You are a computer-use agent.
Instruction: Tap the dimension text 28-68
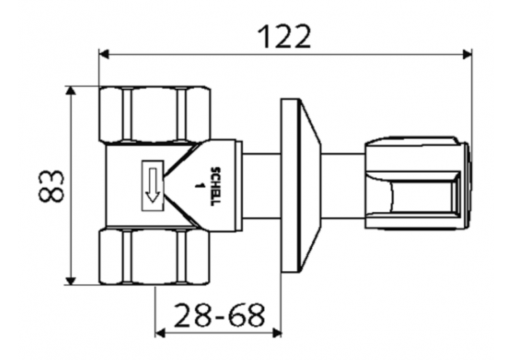pyautogui.click(x=219, y=315)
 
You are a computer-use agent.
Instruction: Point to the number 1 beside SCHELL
pyautogui.click(x=201, y=185)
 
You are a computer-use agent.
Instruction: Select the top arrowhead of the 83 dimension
pyautogui.click(x=71, y=91)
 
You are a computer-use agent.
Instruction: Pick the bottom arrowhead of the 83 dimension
pyautogui.click(x=71, y=280)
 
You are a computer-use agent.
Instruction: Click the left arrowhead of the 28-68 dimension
pyautogui.click(x=161, y=333)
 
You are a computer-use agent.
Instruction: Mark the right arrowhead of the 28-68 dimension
pyautogui.click(x=276, y=333)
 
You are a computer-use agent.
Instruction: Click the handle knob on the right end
pyautogui.click(x=416, y=185)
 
